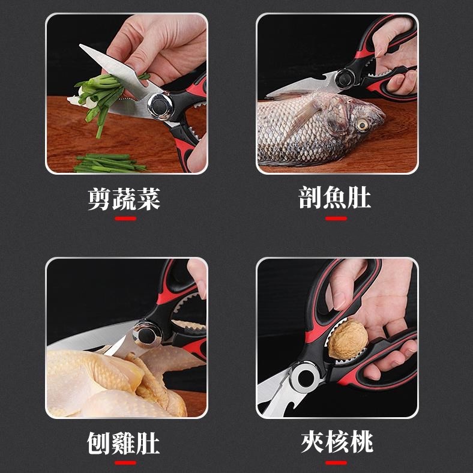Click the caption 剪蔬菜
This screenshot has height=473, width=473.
(x=124, y=199)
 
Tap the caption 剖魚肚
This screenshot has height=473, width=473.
(x=334, y=197)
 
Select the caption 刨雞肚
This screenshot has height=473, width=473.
(x=123, y=443)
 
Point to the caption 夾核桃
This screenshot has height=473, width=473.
(x=337, y=442)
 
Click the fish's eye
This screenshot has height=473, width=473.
(x=362, y=124)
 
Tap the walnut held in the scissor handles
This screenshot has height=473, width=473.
(x=348, y=339)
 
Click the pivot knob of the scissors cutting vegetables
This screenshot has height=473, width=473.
(x=160, y=106)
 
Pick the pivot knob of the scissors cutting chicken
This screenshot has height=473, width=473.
(x=147, y=334)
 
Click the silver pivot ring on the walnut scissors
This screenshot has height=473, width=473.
(x=306, y=378)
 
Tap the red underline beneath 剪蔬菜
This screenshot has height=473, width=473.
(x=125, y=218)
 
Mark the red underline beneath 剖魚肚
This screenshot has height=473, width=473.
(x=336, y=218)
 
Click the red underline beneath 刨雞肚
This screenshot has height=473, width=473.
(x=125, y=462)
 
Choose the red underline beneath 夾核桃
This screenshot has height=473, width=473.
(x=336, y=462)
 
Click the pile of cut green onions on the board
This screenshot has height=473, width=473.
(x=110, y=163)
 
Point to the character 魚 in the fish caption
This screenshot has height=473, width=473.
(x=334, y=197)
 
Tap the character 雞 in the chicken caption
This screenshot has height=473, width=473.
(x=123, y=443)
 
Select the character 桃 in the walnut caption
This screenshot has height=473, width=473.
(x=361, y=442)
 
